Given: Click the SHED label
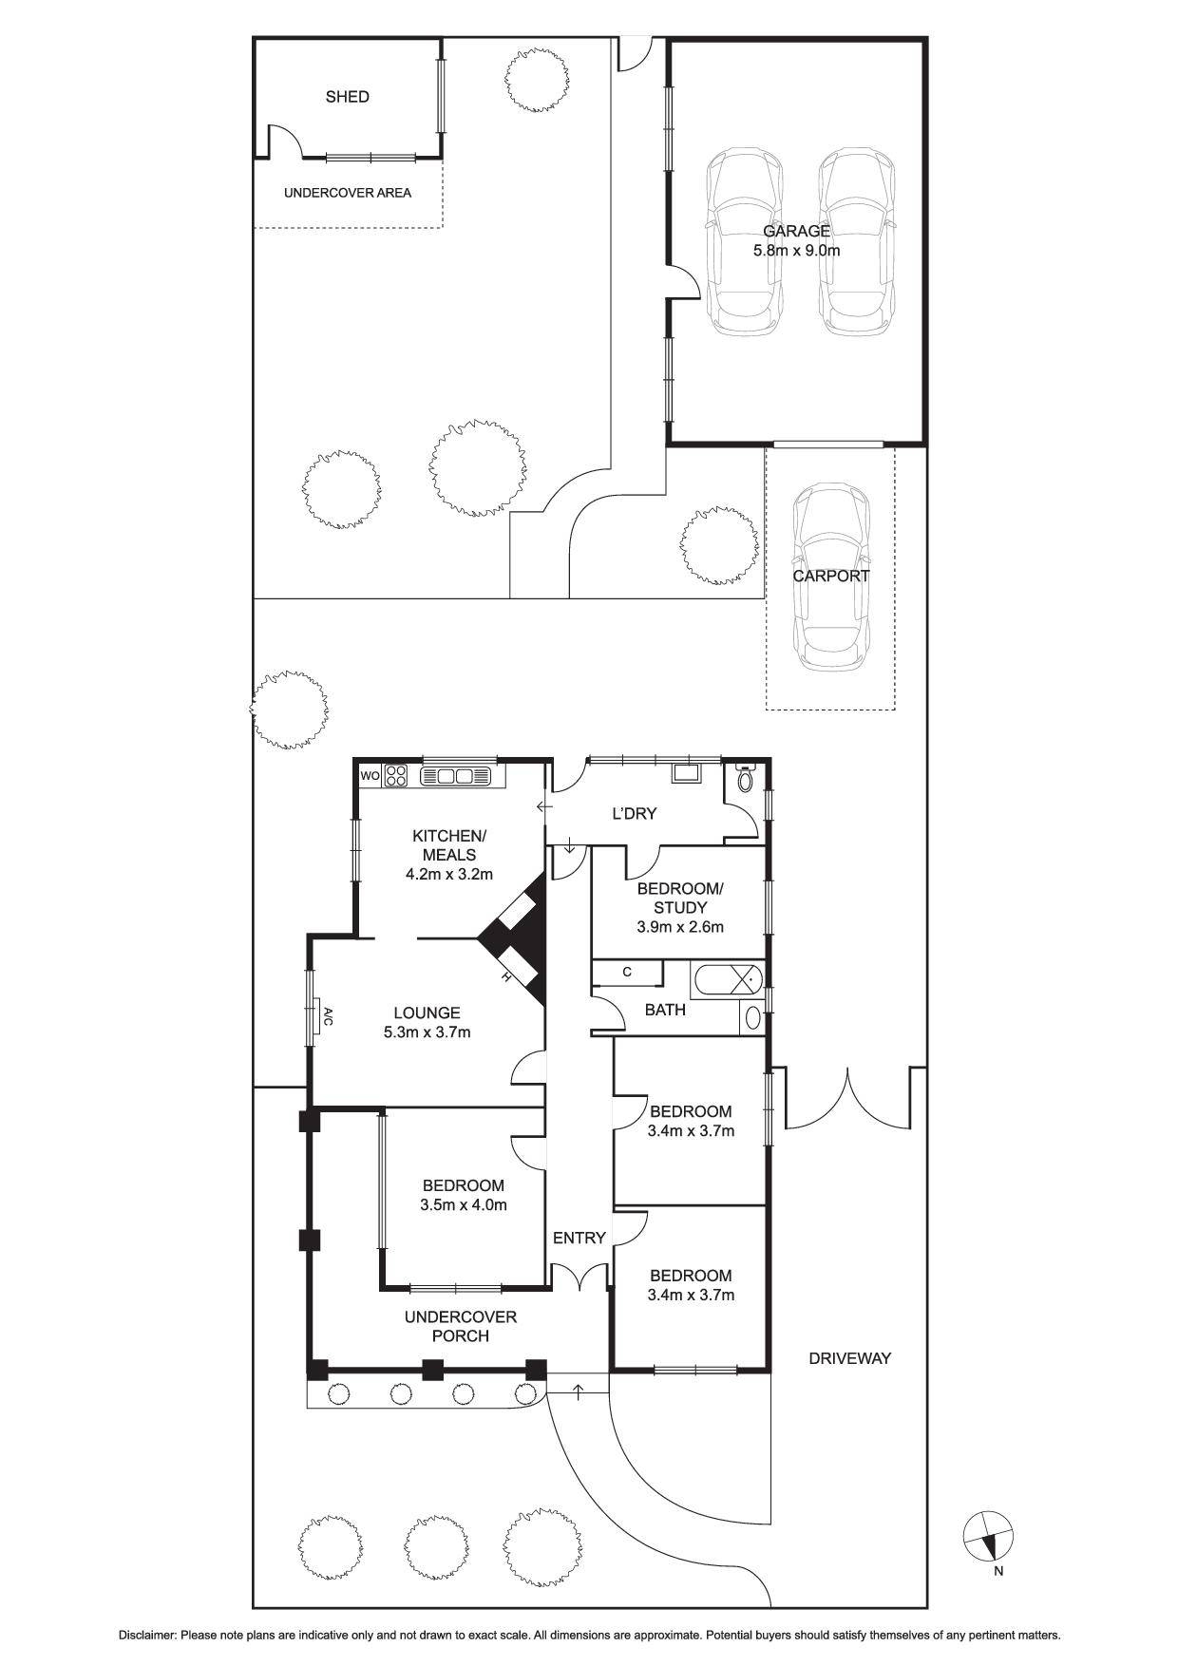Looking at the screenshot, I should tap(347, 97).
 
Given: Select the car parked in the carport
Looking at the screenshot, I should tap(831, 577).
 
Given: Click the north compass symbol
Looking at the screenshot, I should tap(988, 1536).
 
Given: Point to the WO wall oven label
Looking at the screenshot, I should tap(370, 776).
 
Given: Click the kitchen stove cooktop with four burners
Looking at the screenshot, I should tap(396, 776).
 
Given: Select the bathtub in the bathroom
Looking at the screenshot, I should tap(727, 980).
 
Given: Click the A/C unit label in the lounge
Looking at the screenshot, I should tap(326, 1016).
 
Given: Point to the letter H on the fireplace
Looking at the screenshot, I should tap(507, 977).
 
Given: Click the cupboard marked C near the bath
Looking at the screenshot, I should tap(627, 972).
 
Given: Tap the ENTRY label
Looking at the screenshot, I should tap(579, 1238).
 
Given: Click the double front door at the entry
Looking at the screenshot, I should tap(579, 1278).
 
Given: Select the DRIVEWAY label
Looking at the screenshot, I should tap(849, 1358).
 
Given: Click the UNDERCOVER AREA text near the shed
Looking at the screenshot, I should tap(348, 193).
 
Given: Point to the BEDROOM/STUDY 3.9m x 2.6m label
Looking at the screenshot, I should tap(679, 907).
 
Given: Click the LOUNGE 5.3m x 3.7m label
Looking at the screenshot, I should tap(427, 1022).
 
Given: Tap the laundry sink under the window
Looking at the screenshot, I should tap(684, 771).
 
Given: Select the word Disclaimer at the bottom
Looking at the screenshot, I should tap(147, 1636).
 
